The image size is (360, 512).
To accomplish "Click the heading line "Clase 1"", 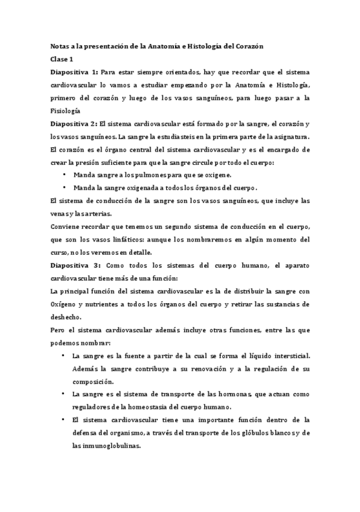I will pyautogui.click(x=61, y=59).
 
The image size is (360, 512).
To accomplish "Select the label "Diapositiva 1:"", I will pyautogui.click(x=74, y=72).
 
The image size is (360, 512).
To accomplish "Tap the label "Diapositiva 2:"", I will pyautogui.click(x=74, y=123).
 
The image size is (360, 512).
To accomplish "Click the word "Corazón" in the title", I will pyautogui.click(x=246, y=46).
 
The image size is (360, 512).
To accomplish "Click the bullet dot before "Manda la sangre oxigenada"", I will pyautogui.click(x=65, y=187).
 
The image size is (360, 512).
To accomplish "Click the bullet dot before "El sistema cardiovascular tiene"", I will pyautogui.click(x=65, y=418).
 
